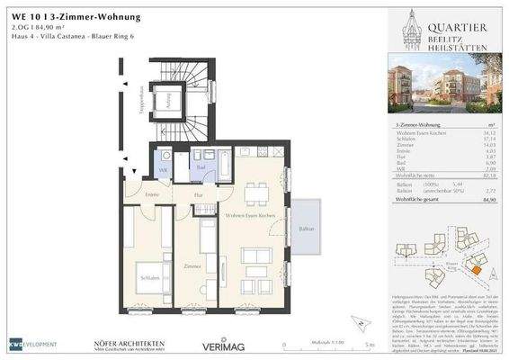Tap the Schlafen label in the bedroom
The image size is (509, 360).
149,280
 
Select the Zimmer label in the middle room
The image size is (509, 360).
192,267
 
